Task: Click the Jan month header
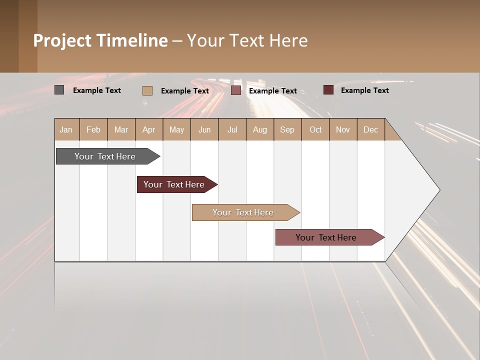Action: (x=66, y=129)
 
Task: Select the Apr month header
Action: (x=149, y=129)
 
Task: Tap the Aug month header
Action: (x=260, y=129)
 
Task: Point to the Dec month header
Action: (x=370, y=129)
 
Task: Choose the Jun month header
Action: (x=204, y=129)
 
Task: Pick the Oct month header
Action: (x=315, y=129)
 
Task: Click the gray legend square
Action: (x=59, y=90)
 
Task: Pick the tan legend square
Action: (x=147, y=90)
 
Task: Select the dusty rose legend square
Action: (x=236, y=90)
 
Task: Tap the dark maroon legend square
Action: (x=328, y=90)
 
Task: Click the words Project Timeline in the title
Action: (x=100, y=40)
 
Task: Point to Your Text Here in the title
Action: (x=247, y=40)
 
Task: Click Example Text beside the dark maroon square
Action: (x=364, y=90)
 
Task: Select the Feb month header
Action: (x=93, y=129)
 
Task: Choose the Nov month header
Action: (x=343, y=129)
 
